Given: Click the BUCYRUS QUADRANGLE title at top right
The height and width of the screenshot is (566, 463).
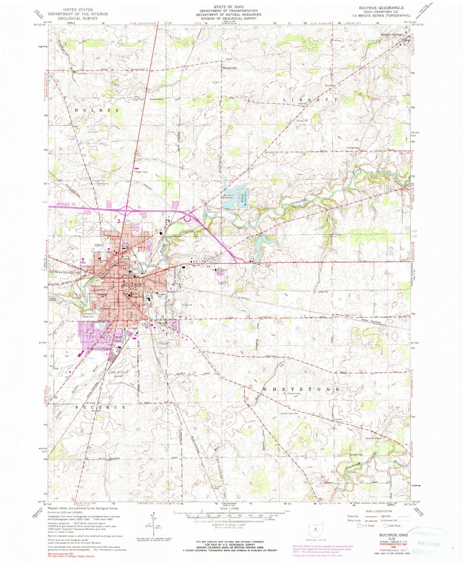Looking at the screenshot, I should [382, 8].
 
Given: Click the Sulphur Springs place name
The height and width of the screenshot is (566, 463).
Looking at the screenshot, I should [391, 34].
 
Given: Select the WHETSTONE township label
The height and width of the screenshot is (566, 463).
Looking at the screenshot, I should [301, 389].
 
